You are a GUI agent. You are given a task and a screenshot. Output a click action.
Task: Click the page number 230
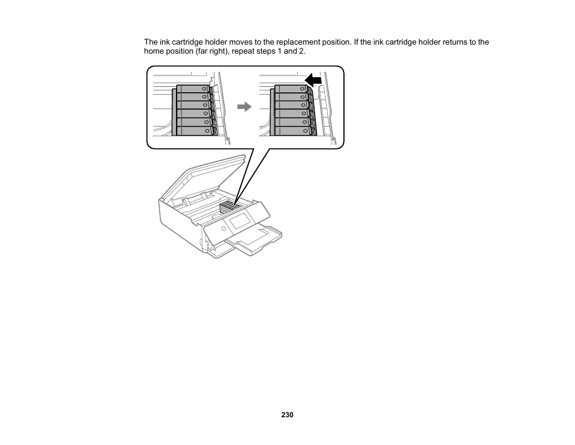pyautogui.click(x=287, y=415)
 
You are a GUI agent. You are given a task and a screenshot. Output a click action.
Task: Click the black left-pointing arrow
pyautogui.click(x=313, y=80)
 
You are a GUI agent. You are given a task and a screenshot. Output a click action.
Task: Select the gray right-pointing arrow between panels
pyautogui.click(x=244, y=107)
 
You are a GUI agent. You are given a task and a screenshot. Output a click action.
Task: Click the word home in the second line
pyautogui.click(x=153, y=51)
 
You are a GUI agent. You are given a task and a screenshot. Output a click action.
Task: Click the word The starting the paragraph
pyautogui.click(x=151, y=42)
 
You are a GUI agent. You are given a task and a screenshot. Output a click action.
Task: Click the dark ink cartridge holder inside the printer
pyautogui.click(x=228, y=207)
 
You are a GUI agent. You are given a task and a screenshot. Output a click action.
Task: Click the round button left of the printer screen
pyautogui.click(x=224, y=229)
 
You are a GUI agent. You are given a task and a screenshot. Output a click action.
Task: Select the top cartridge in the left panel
pyautogui.click(x=192, y=89)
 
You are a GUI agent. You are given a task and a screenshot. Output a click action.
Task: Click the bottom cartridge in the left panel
pyautogui.click(x=193, y=130)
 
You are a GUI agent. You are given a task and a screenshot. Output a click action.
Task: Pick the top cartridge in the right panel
pyautogui.click(x=291, y=89)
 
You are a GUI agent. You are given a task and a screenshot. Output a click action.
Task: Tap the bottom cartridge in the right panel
pyautogui.click(x=292, y=130)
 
